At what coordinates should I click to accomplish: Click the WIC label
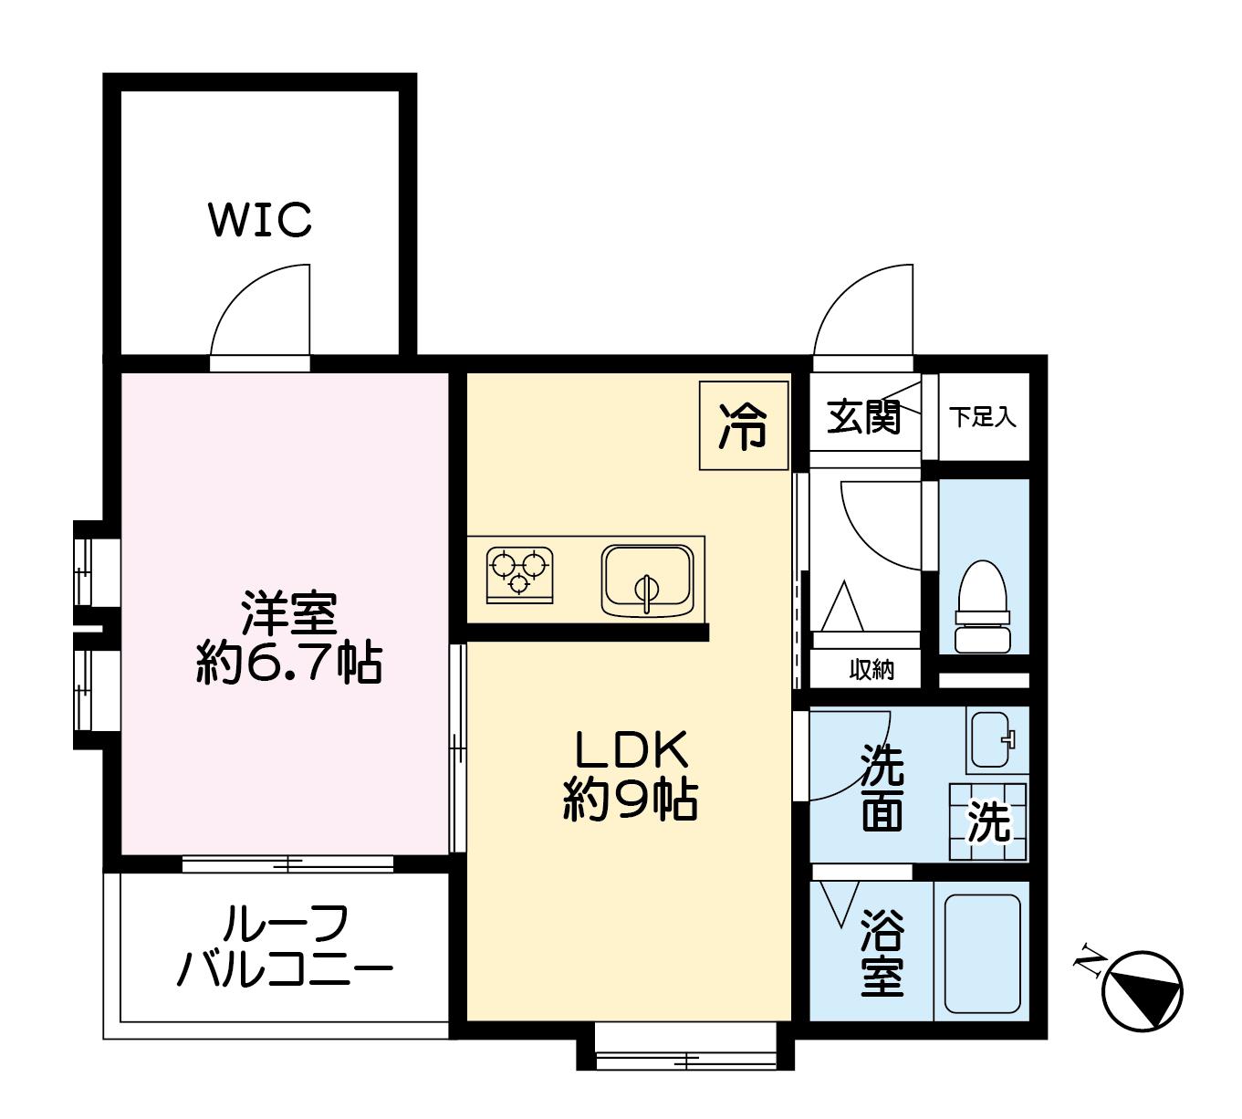point(260,219)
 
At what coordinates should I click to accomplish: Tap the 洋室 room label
point(289,613)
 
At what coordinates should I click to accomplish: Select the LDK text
point(631,750)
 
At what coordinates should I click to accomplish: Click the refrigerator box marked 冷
point(744,425)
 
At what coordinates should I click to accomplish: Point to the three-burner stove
point(519,575)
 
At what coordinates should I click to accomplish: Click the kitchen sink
point(648,580)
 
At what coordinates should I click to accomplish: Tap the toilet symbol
point(983,606)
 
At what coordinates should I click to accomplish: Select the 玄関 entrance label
point(863,418)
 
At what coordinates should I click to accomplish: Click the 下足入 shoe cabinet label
point(983,417)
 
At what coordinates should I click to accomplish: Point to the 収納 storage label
point(871,669)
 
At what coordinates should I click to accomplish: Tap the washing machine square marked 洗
point(987,821)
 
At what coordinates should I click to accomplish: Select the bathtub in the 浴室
point(982,953)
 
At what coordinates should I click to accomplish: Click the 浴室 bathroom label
point(882,953)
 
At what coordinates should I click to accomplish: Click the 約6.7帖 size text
point(289,664)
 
